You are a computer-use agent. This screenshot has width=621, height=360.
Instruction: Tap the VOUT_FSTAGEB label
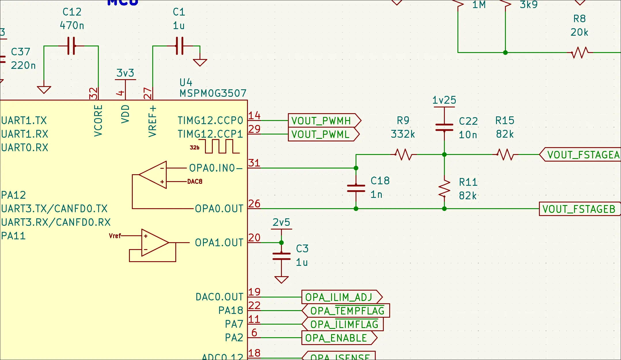579,209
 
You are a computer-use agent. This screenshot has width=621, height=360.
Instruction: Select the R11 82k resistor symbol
444,189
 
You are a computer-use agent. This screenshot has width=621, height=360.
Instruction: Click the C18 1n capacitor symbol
356,188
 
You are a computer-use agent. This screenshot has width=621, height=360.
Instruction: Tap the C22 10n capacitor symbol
444,127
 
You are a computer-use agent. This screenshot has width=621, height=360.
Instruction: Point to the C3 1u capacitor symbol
281,256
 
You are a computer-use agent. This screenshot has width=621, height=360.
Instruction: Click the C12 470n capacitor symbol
71,46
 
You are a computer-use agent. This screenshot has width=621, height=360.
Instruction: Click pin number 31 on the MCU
254,163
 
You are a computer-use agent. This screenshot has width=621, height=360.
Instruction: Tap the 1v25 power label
444,100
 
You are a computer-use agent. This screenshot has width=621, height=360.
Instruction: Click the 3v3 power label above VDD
125,73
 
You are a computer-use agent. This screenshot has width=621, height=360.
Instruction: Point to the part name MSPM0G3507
213,93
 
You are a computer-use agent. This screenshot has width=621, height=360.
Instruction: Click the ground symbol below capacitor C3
281,279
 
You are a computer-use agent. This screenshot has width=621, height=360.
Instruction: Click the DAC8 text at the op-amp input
195,181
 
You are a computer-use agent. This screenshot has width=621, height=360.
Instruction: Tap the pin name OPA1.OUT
219,242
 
